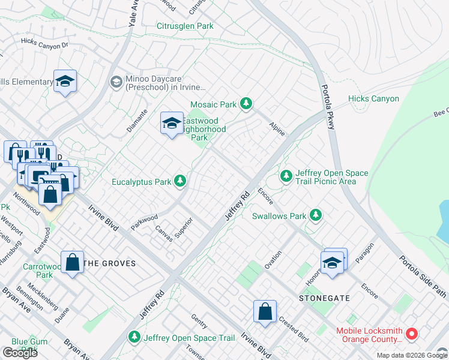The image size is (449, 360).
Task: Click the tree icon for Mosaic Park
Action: pos(246,104)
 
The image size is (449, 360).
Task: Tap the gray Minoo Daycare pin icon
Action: pos(116,82)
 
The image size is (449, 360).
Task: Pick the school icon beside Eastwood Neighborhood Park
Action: pos(172,124)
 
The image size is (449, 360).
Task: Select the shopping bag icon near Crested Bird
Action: pos(265,311)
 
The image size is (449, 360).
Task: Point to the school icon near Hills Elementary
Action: pos(65,82)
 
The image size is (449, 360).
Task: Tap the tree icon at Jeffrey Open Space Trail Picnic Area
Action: pos(286,176)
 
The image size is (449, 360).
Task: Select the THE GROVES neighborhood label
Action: pos(109,263)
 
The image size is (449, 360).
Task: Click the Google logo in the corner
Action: pos(20,352)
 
